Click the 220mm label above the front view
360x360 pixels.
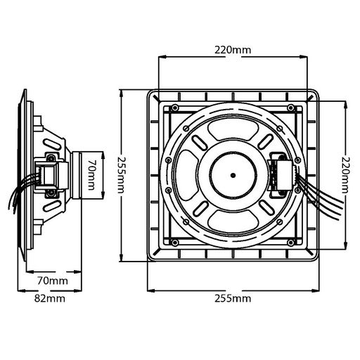tap(233, 50)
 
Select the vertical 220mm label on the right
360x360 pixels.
tap(345, 175)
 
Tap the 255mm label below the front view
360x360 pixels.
tap(233, 299)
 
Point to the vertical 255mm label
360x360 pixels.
tap(122, 175)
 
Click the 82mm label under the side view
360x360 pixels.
tap(50, 299)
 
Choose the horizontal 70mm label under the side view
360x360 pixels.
tap(53, 281)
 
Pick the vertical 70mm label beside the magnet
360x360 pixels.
tap(91, 175)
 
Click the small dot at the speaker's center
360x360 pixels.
tap(233, 175)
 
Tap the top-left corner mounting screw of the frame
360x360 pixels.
tap(174, 108)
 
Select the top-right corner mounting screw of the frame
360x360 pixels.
tap(290, 108)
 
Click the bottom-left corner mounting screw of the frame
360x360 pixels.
tap(174, 243)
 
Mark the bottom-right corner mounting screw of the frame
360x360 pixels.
tap(290, 243)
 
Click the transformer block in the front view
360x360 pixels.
tap(281, 175)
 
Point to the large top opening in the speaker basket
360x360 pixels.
tap(233, 129)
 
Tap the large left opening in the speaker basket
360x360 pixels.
tap(187, 175)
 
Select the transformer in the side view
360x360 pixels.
tap(51, 175)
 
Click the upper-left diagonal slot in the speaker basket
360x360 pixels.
tap(200, 142)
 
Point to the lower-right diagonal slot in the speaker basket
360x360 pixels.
tap(266, 208)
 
